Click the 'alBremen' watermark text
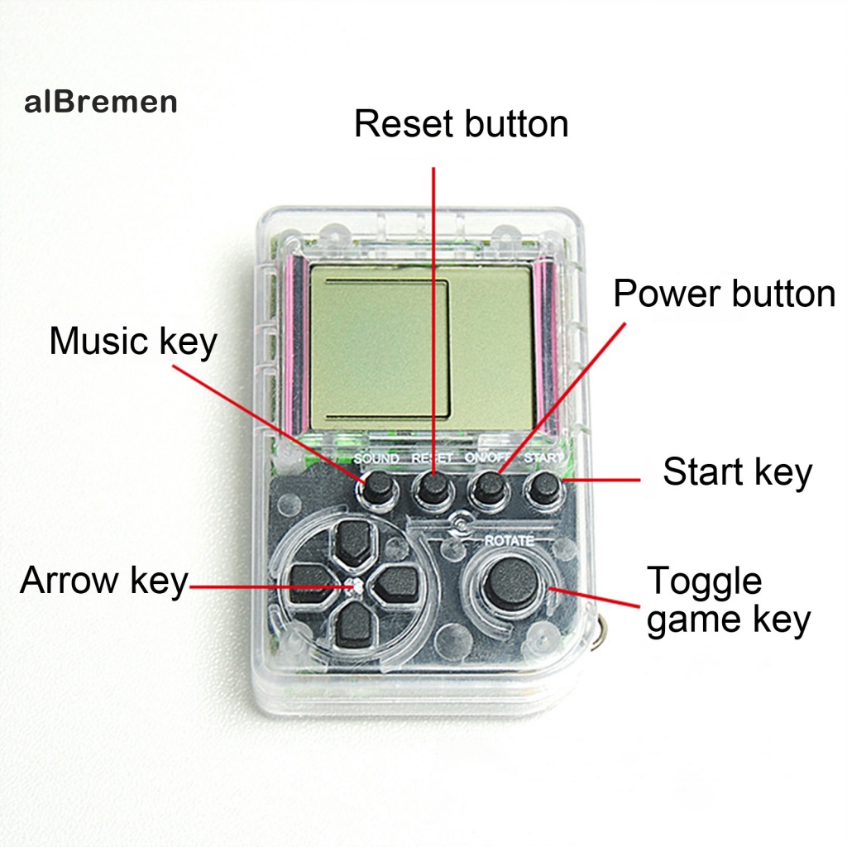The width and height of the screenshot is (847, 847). click(101, 103)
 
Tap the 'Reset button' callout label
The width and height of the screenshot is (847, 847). click(461, 124)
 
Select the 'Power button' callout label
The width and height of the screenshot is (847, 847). click(724, 294)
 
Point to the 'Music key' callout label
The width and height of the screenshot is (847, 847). click(132, 341)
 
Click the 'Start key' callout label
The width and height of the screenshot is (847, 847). click(737, 472)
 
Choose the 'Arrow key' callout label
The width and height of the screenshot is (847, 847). click(104, 581)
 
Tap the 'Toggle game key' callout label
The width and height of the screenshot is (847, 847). click(728, 601)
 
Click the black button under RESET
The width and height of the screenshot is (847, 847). click(432, 489)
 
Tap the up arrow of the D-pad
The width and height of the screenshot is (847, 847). click(353, 543)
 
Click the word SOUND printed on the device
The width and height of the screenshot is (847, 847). click(376, 458)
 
